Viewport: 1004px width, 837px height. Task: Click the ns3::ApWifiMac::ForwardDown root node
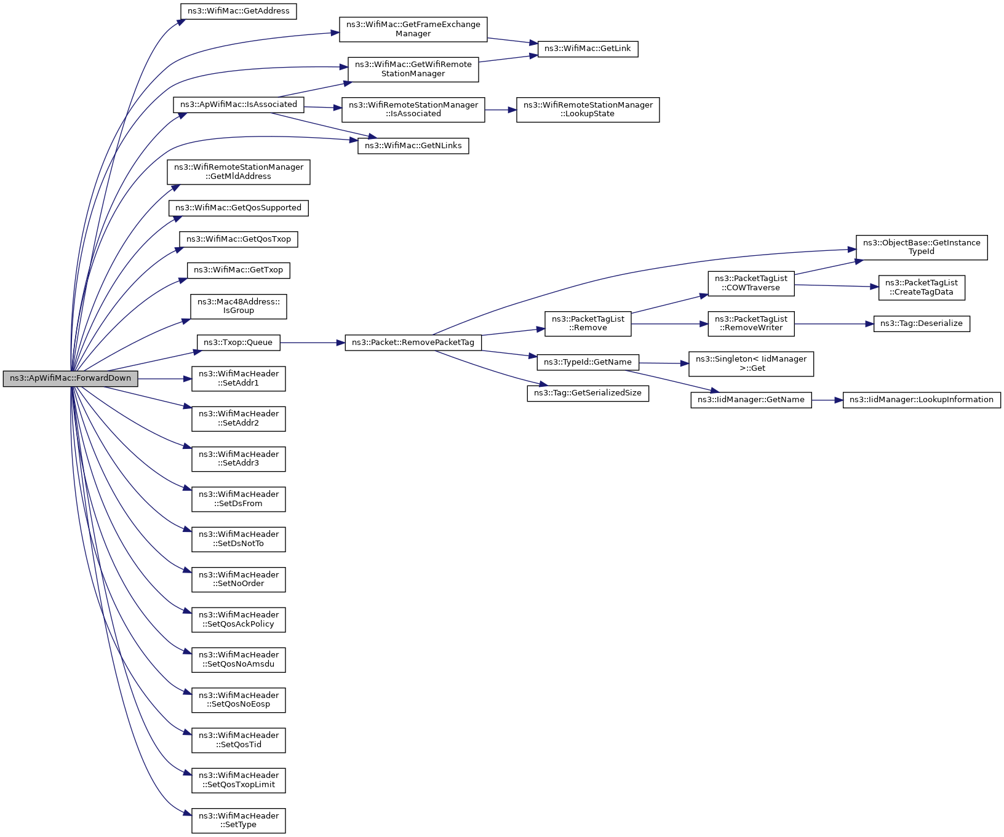[x=70, y=378]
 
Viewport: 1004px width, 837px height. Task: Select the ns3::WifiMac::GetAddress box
[x=238, y=11]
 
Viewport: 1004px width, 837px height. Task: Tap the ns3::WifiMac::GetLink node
[x=588, y=49]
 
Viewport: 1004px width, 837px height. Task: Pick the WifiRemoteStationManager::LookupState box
[x=588, y=109]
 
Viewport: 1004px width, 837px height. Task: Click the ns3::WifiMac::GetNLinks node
[x=413, y=146]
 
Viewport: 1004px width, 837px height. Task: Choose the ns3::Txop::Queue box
[x=238, y=343]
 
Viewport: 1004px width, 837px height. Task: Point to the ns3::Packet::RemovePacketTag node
[x=413, y=343]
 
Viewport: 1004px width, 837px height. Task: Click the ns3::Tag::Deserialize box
[x=921, y=323]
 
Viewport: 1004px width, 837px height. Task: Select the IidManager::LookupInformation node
[x=921, y=400]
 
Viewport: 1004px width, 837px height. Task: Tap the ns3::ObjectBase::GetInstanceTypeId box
[x=921, y=247]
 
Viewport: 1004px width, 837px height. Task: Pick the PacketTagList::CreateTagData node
[x=921, y=287]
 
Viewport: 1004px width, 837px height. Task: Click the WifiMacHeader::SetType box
[x=238, y=820]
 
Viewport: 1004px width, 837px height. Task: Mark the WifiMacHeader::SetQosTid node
[x=238, y=740]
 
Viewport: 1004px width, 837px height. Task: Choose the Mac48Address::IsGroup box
[x=238, y=306]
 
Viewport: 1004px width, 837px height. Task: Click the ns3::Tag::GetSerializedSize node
[x=588, y=393]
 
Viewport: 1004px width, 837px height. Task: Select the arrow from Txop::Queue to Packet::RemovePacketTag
[x=313, y=343]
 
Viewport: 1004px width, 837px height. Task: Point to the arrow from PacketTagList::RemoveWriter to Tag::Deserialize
[x=834, y=323]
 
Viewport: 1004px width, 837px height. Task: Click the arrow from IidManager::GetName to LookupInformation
[x=827, y=400]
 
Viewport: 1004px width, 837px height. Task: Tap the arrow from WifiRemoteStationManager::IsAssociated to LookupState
[x=500, y=110]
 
